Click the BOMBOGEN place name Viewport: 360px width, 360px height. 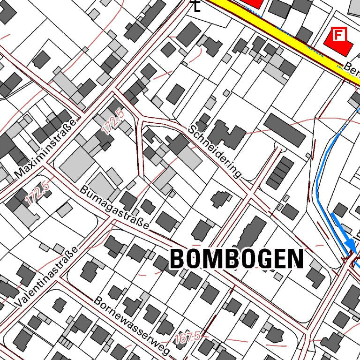[x=236, y=259]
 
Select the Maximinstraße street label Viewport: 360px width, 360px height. [x=45, y=149]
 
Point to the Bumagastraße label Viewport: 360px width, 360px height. [x=114, y=208]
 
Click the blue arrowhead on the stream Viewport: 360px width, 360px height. [x=350, y=243]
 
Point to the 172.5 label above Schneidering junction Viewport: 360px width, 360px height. [x=114, y=121]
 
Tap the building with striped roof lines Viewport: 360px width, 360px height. [x=280, y=173]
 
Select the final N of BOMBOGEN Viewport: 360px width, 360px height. [x=295, y=259]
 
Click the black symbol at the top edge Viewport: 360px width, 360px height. [x=196, y=6]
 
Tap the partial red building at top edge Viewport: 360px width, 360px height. [x=253, y=2]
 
